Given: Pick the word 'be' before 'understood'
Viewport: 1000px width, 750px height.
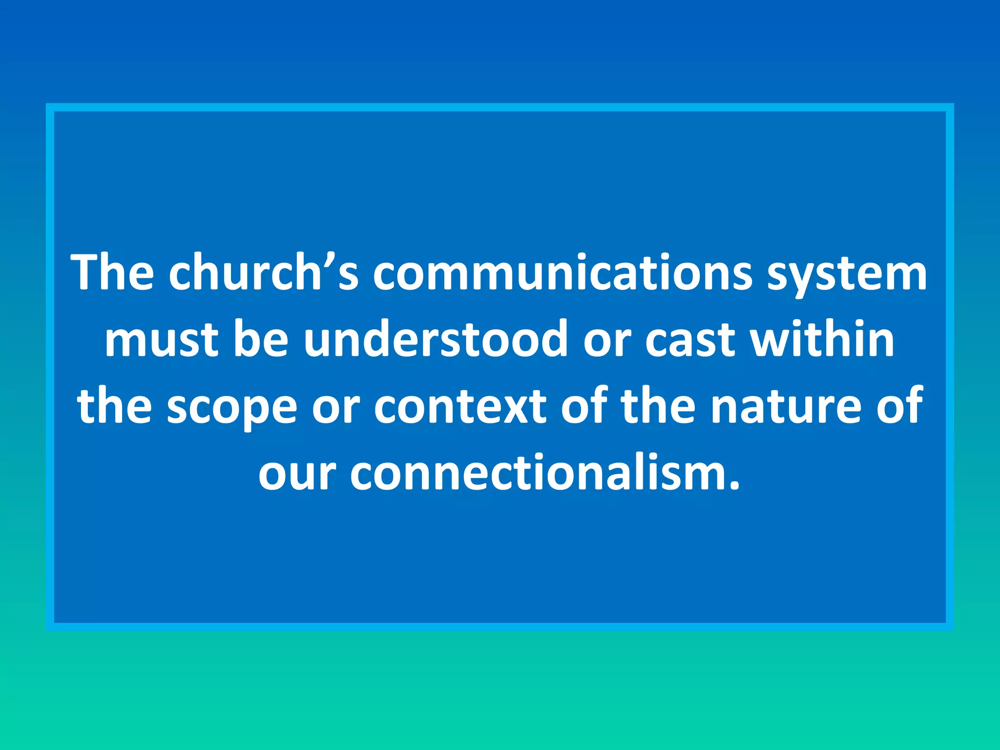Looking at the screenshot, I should point(261,339).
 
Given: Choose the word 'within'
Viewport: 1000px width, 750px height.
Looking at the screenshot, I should point(823,339).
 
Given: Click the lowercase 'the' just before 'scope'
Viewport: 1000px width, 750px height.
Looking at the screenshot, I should point(114,405).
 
